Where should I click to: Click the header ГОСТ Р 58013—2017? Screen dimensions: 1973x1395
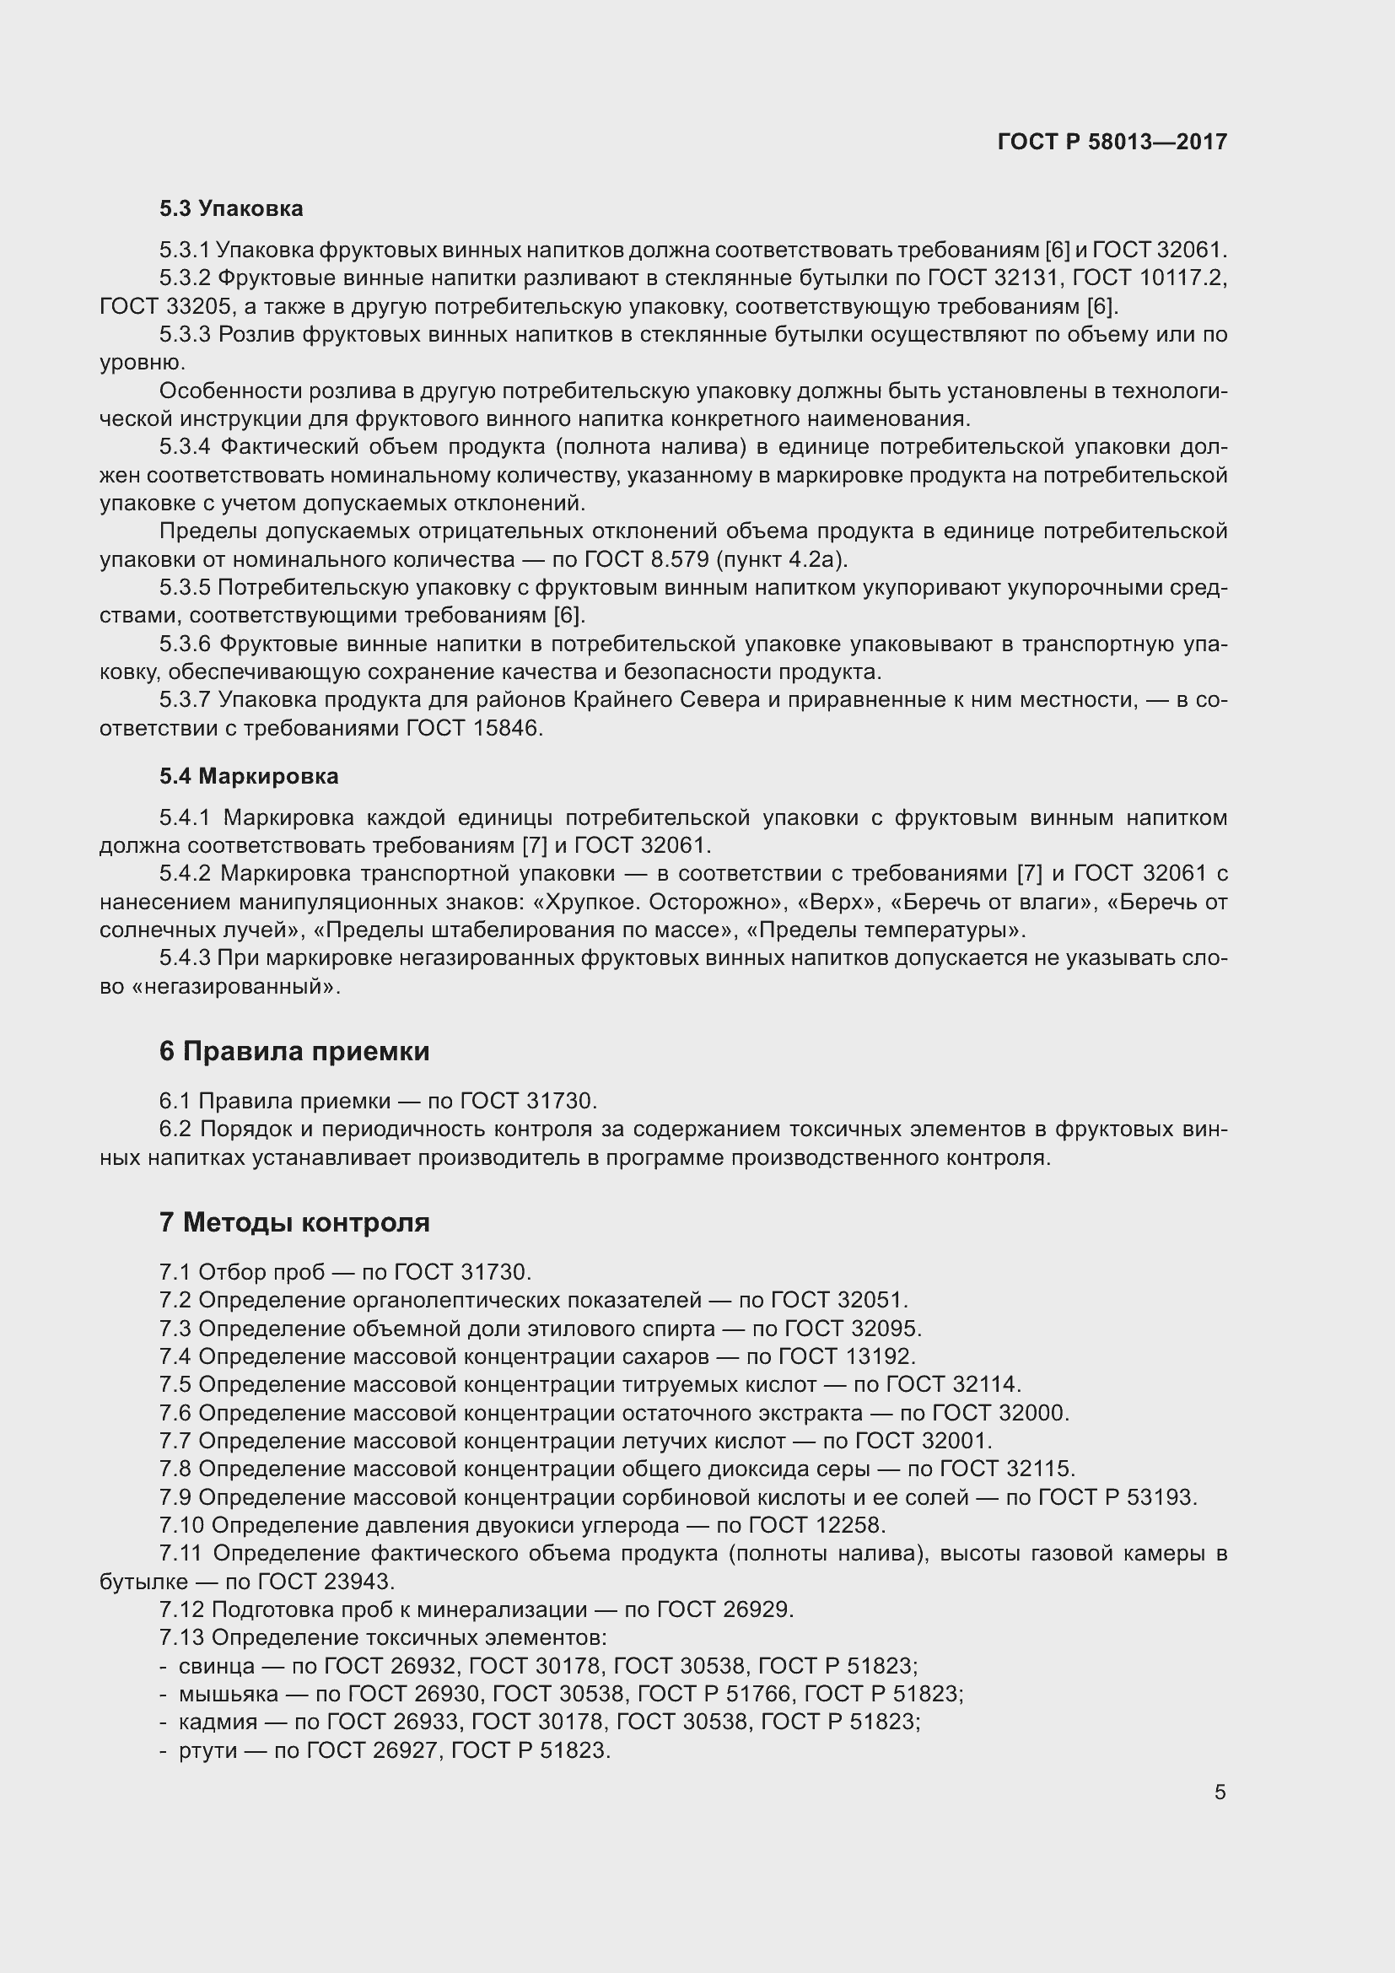(1112, 142)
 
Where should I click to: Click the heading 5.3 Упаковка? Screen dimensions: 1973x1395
(231, 209)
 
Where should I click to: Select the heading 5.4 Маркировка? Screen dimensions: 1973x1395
(248, 776)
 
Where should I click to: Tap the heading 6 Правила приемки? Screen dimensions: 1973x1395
(294, 1051)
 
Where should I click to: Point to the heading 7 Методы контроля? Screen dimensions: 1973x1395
(294, 1222)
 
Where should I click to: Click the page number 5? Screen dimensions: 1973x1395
(1220, 1792)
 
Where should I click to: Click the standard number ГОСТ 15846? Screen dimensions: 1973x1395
(473, 729)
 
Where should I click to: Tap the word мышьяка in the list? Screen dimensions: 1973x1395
(229, 1694)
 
